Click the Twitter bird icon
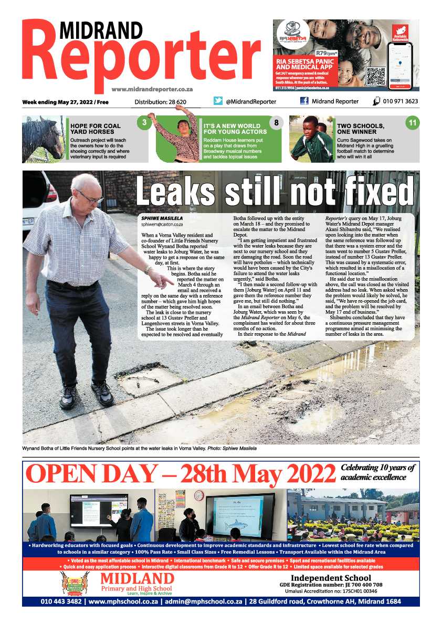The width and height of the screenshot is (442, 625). [218, 101]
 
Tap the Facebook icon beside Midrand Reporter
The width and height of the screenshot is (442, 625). [304, 101]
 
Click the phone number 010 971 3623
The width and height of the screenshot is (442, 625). [401, 101]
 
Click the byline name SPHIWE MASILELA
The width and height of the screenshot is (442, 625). [161, 217]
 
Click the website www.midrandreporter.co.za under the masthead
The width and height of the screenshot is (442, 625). [152, 89]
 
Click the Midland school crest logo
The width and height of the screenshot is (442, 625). [75, 584]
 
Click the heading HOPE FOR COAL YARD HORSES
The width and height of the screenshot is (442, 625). [95, 129]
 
